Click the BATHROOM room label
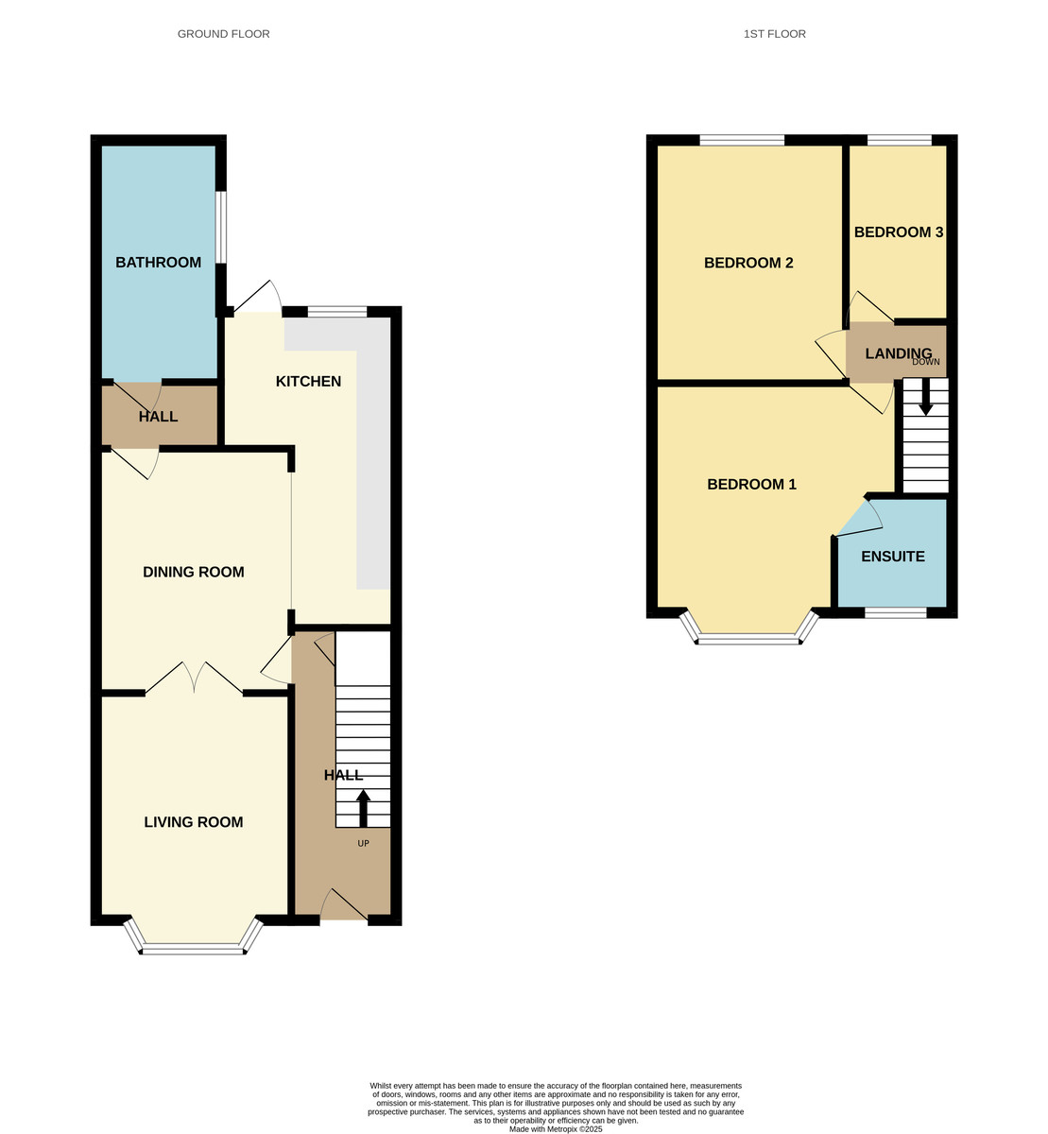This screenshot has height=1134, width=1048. (x=158, y=263)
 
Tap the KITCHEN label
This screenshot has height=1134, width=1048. (x=308, y=382)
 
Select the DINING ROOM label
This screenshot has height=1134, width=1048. (x=193, y=572)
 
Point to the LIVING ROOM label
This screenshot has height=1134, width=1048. (x=193, y=822)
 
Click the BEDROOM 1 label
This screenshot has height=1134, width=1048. (x=751, y=485)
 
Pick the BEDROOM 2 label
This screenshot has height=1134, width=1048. (x=748, y=263)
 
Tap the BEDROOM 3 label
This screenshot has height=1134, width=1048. (x=898, y=232)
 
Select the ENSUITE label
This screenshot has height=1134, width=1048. (x=892, y=557)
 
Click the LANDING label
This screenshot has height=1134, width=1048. (x=898, y=353)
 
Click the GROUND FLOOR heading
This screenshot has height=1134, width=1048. (x=224, y=34)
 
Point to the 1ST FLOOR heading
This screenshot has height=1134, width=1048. (x=774, y=34)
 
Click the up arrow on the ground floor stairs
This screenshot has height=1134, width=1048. (x=363, y=809)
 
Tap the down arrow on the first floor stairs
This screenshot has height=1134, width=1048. (x=926, y=396)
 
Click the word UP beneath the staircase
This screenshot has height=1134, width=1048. (x=363, y=843)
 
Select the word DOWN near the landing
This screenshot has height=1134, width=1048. (x=926, y=362)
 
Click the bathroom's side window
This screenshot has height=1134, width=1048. (x=220, y=228)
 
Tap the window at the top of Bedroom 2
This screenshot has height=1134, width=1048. (x=742, y=141)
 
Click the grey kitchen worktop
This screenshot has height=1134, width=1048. (x=373, y=472)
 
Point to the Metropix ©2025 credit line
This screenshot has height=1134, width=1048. (x=556, y=1128)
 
